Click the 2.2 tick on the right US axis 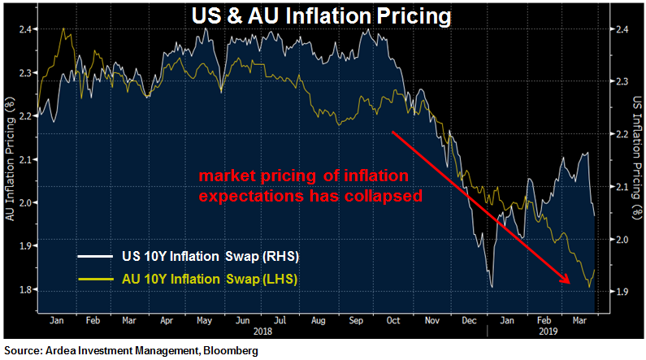(619, 134)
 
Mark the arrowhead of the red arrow (566, 281)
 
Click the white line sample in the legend (97, 257)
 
